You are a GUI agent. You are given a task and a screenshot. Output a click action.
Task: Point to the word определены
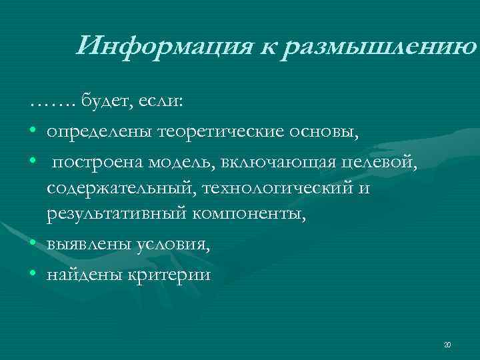pyautogui.click(x=99, y=131)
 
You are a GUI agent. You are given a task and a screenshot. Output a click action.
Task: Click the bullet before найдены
pyautogui.click(x=33, y=274)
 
